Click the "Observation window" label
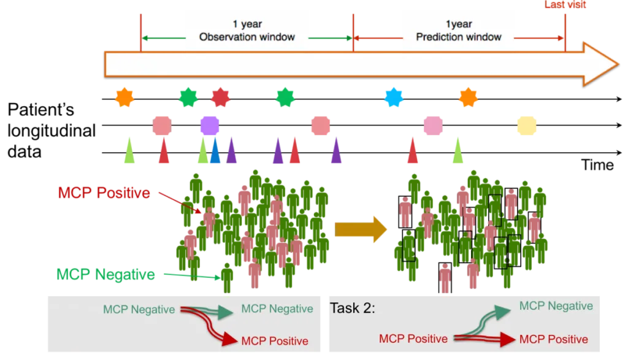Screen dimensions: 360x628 click(247, 37)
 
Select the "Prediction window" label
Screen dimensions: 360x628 click(459, 37)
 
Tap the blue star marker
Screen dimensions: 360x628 click(392, 96)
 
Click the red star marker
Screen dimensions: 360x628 click(220, 97)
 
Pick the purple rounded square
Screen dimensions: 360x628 click(209, 125)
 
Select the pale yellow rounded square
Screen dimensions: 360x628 click(526, 126)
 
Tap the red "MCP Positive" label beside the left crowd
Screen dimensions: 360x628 click(103, 193)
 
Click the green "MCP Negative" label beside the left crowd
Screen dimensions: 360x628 click(105, 274)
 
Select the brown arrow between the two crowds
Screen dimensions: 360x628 click(360, 229)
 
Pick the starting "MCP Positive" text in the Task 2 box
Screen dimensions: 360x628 click(413, 339)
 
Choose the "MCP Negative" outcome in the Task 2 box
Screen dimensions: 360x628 click(556, 306)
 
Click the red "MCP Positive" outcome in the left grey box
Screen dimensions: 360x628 click(274, 340)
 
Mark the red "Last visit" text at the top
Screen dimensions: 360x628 click(566, 4)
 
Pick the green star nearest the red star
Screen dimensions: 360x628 click(188, 96)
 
